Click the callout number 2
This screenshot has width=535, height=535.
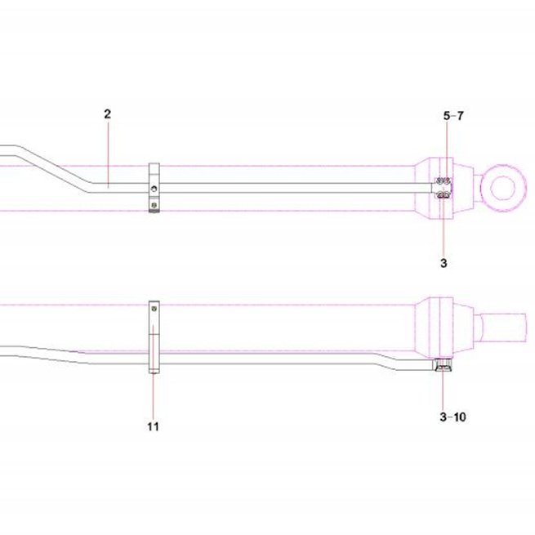point(108,114)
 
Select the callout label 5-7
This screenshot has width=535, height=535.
point(453,116)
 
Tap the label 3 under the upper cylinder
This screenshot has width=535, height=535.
point(444,263)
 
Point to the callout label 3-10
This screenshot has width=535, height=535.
point(453,417)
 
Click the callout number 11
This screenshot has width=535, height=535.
point(154,426)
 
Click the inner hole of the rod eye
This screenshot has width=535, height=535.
point(503,187)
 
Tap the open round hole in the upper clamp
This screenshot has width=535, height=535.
point(154,189)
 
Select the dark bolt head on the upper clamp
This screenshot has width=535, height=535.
point(154,205)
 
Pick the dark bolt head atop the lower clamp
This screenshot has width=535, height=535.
point(154,309)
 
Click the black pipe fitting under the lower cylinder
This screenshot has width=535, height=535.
point(443,365)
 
